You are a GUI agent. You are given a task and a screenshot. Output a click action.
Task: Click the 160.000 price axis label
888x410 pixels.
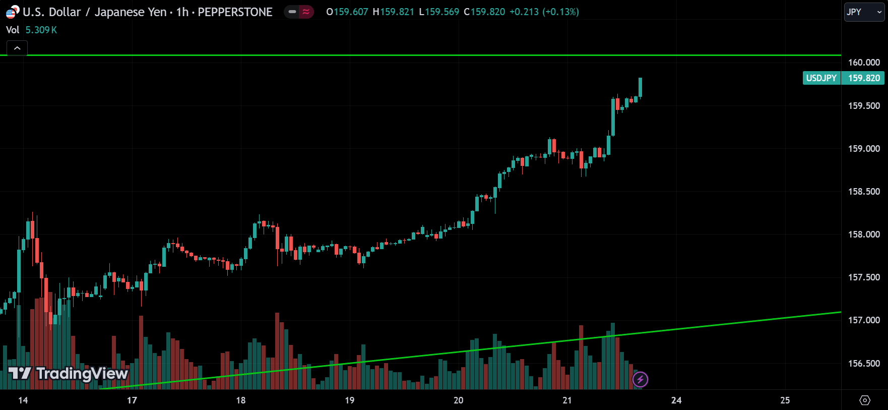tap(864, 63)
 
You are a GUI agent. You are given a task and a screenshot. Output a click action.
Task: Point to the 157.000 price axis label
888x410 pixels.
tap(864, 320)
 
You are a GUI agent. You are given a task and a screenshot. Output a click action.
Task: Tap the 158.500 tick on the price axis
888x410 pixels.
tap(864, 192)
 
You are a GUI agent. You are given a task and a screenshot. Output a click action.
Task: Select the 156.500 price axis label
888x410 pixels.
tap(864, 364)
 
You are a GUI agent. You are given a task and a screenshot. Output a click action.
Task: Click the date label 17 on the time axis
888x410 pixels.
tap(132, 400)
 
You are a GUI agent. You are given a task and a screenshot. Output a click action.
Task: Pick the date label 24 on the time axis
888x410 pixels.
tap(676, 400)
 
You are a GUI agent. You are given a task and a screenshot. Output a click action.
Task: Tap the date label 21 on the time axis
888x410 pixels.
tap(567, 400)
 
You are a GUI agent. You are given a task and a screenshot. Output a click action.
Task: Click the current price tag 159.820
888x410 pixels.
tap(864, 78)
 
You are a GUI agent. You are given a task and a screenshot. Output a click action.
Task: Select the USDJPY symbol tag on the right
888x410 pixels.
tap(821, 78)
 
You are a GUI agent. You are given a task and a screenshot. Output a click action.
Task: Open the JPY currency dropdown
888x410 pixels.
tap(864, 12)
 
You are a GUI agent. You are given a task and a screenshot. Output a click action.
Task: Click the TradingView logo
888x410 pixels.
tap(69, 374)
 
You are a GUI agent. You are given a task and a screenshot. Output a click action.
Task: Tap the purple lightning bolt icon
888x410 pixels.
tap(640, 379)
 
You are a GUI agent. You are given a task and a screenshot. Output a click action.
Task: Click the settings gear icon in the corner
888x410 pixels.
tap(865, 400)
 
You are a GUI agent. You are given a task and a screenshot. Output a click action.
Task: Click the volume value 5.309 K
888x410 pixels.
tap(41, 30)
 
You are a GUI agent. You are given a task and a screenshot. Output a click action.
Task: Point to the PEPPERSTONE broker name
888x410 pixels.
tap(235, 12)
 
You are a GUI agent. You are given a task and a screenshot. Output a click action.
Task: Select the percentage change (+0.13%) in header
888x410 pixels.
tap(560, 12)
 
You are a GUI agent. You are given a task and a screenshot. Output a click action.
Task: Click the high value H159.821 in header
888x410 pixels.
tap(393, 12)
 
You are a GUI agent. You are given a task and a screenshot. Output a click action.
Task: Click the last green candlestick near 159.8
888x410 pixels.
tap(640, 87)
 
